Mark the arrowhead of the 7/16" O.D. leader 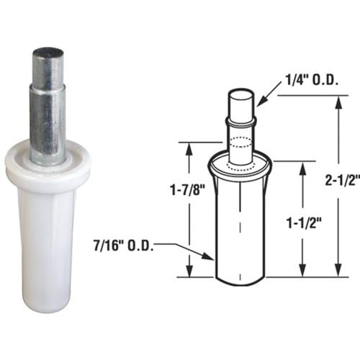tap(212, 256)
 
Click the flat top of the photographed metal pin tap(48, 53)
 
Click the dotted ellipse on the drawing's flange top tap(240, 165)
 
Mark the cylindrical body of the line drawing tap(240, 230)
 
